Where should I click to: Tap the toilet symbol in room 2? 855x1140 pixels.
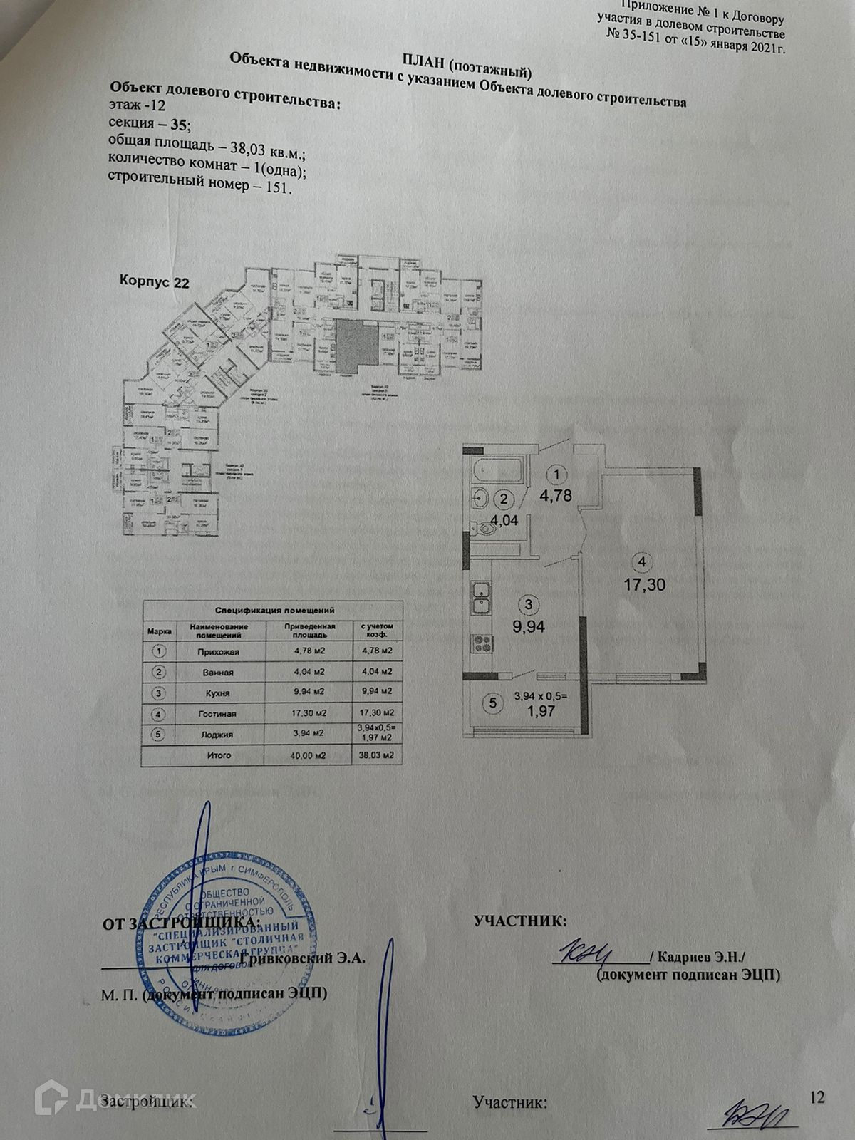pyautogui.click(x=488, y=528)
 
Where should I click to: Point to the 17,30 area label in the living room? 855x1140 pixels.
pyautogui.click(x=642, y=585)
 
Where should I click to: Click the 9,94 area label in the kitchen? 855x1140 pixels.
pyautogui.click(x=528, y=626)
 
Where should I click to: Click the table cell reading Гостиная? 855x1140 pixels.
pyautogui.click(x=217, y=713)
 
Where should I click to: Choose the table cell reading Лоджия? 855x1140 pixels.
pyautogui.click(x=217, y=734)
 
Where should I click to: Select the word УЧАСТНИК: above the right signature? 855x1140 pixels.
pyautogui.click(x=521, y=921)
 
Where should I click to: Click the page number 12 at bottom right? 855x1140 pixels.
pyautogui.click(x=817, y=1097)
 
